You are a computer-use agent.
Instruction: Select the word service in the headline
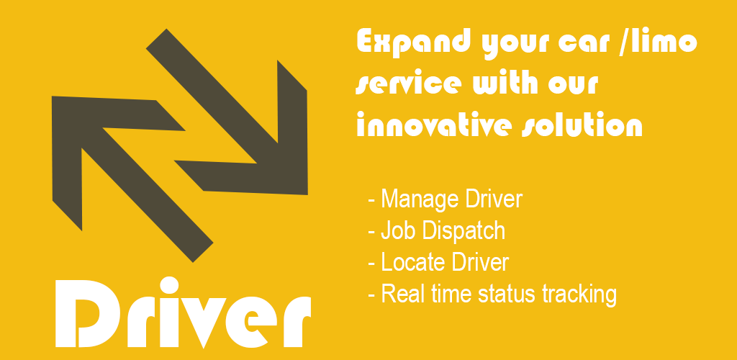coord(409,84)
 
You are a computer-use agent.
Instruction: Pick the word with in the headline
coord(505,82)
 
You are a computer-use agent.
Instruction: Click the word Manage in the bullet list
coord(420,199)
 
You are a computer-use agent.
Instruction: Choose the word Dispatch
coord(462,231)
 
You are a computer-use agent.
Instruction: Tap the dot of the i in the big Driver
coord(169,285)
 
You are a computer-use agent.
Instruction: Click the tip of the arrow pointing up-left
coord(52,96)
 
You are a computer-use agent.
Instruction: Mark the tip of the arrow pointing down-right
coord(307,194)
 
